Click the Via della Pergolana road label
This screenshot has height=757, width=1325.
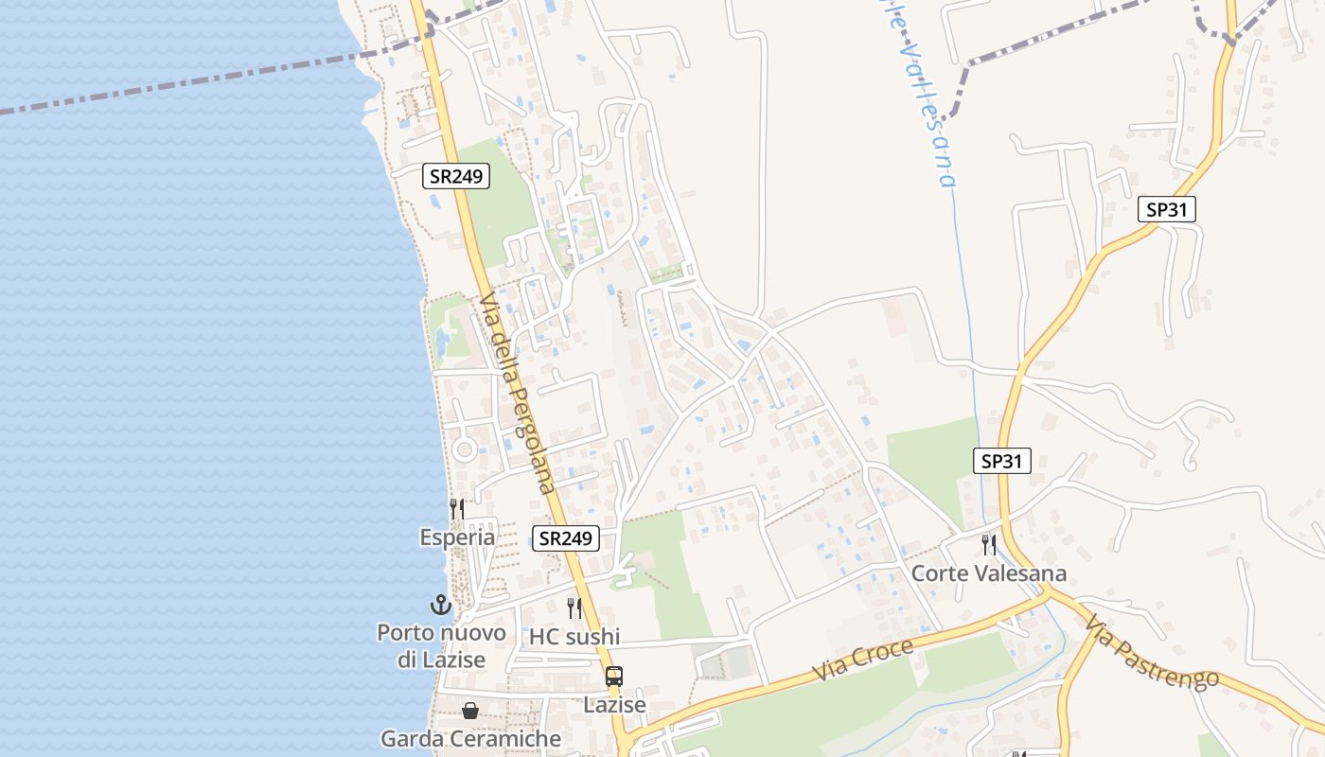516,394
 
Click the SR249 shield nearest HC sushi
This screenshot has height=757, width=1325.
566,538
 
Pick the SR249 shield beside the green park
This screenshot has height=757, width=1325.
456,176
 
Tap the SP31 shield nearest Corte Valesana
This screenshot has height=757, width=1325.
1001,461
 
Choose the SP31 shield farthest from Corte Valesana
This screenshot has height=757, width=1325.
1166,209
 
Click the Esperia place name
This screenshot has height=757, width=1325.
457,537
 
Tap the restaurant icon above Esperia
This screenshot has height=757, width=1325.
456,509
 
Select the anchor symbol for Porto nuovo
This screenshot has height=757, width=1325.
441,604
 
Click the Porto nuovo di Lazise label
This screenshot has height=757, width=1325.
441,645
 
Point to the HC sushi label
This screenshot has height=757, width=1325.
574,637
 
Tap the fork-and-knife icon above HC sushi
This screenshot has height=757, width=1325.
574,608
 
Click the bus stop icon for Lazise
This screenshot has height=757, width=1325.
614,677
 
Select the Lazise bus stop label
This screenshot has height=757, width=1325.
614,705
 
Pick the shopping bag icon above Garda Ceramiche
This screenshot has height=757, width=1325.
470,710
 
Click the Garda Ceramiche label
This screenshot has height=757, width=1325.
470,738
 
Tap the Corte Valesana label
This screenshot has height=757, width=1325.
988,573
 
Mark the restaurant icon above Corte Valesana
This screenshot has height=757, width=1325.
988,544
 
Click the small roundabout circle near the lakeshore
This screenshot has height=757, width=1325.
464,449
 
